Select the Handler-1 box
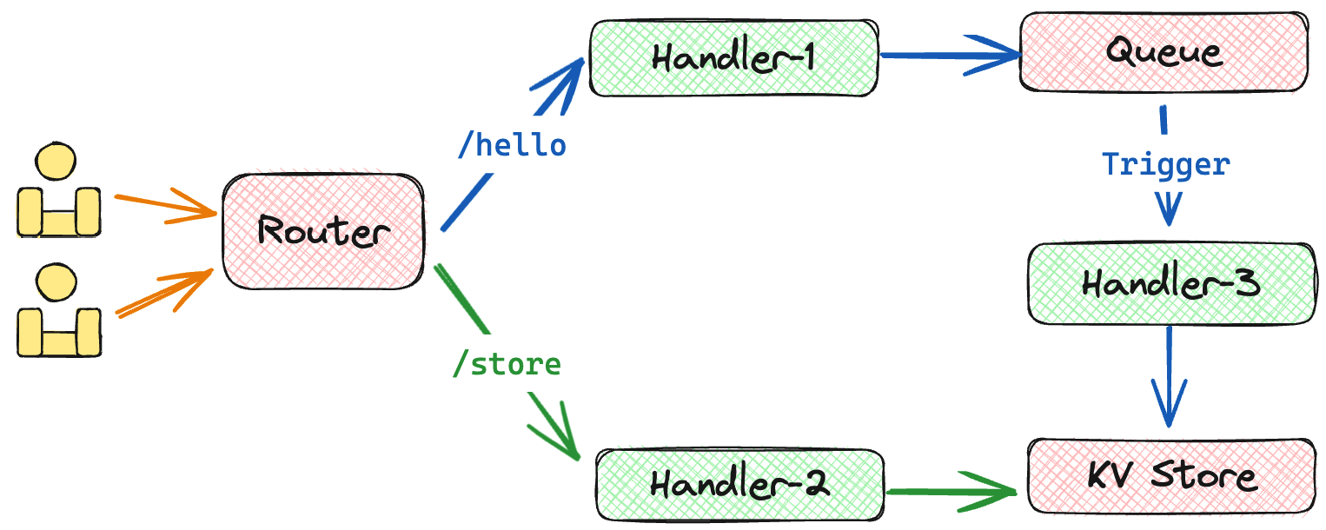[x=733, y=57]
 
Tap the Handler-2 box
[x=739, y=484]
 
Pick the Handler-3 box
[x=1170, y=284]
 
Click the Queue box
[x=1164, y=51]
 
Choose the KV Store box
[x=1170, y=476]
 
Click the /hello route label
[x=512, y=145]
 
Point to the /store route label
[x=507, y=365]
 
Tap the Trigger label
[x=1166, y=163]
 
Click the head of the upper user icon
[x=56, y=162]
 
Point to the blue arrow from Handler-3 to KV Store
[x=1170, y=374]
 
